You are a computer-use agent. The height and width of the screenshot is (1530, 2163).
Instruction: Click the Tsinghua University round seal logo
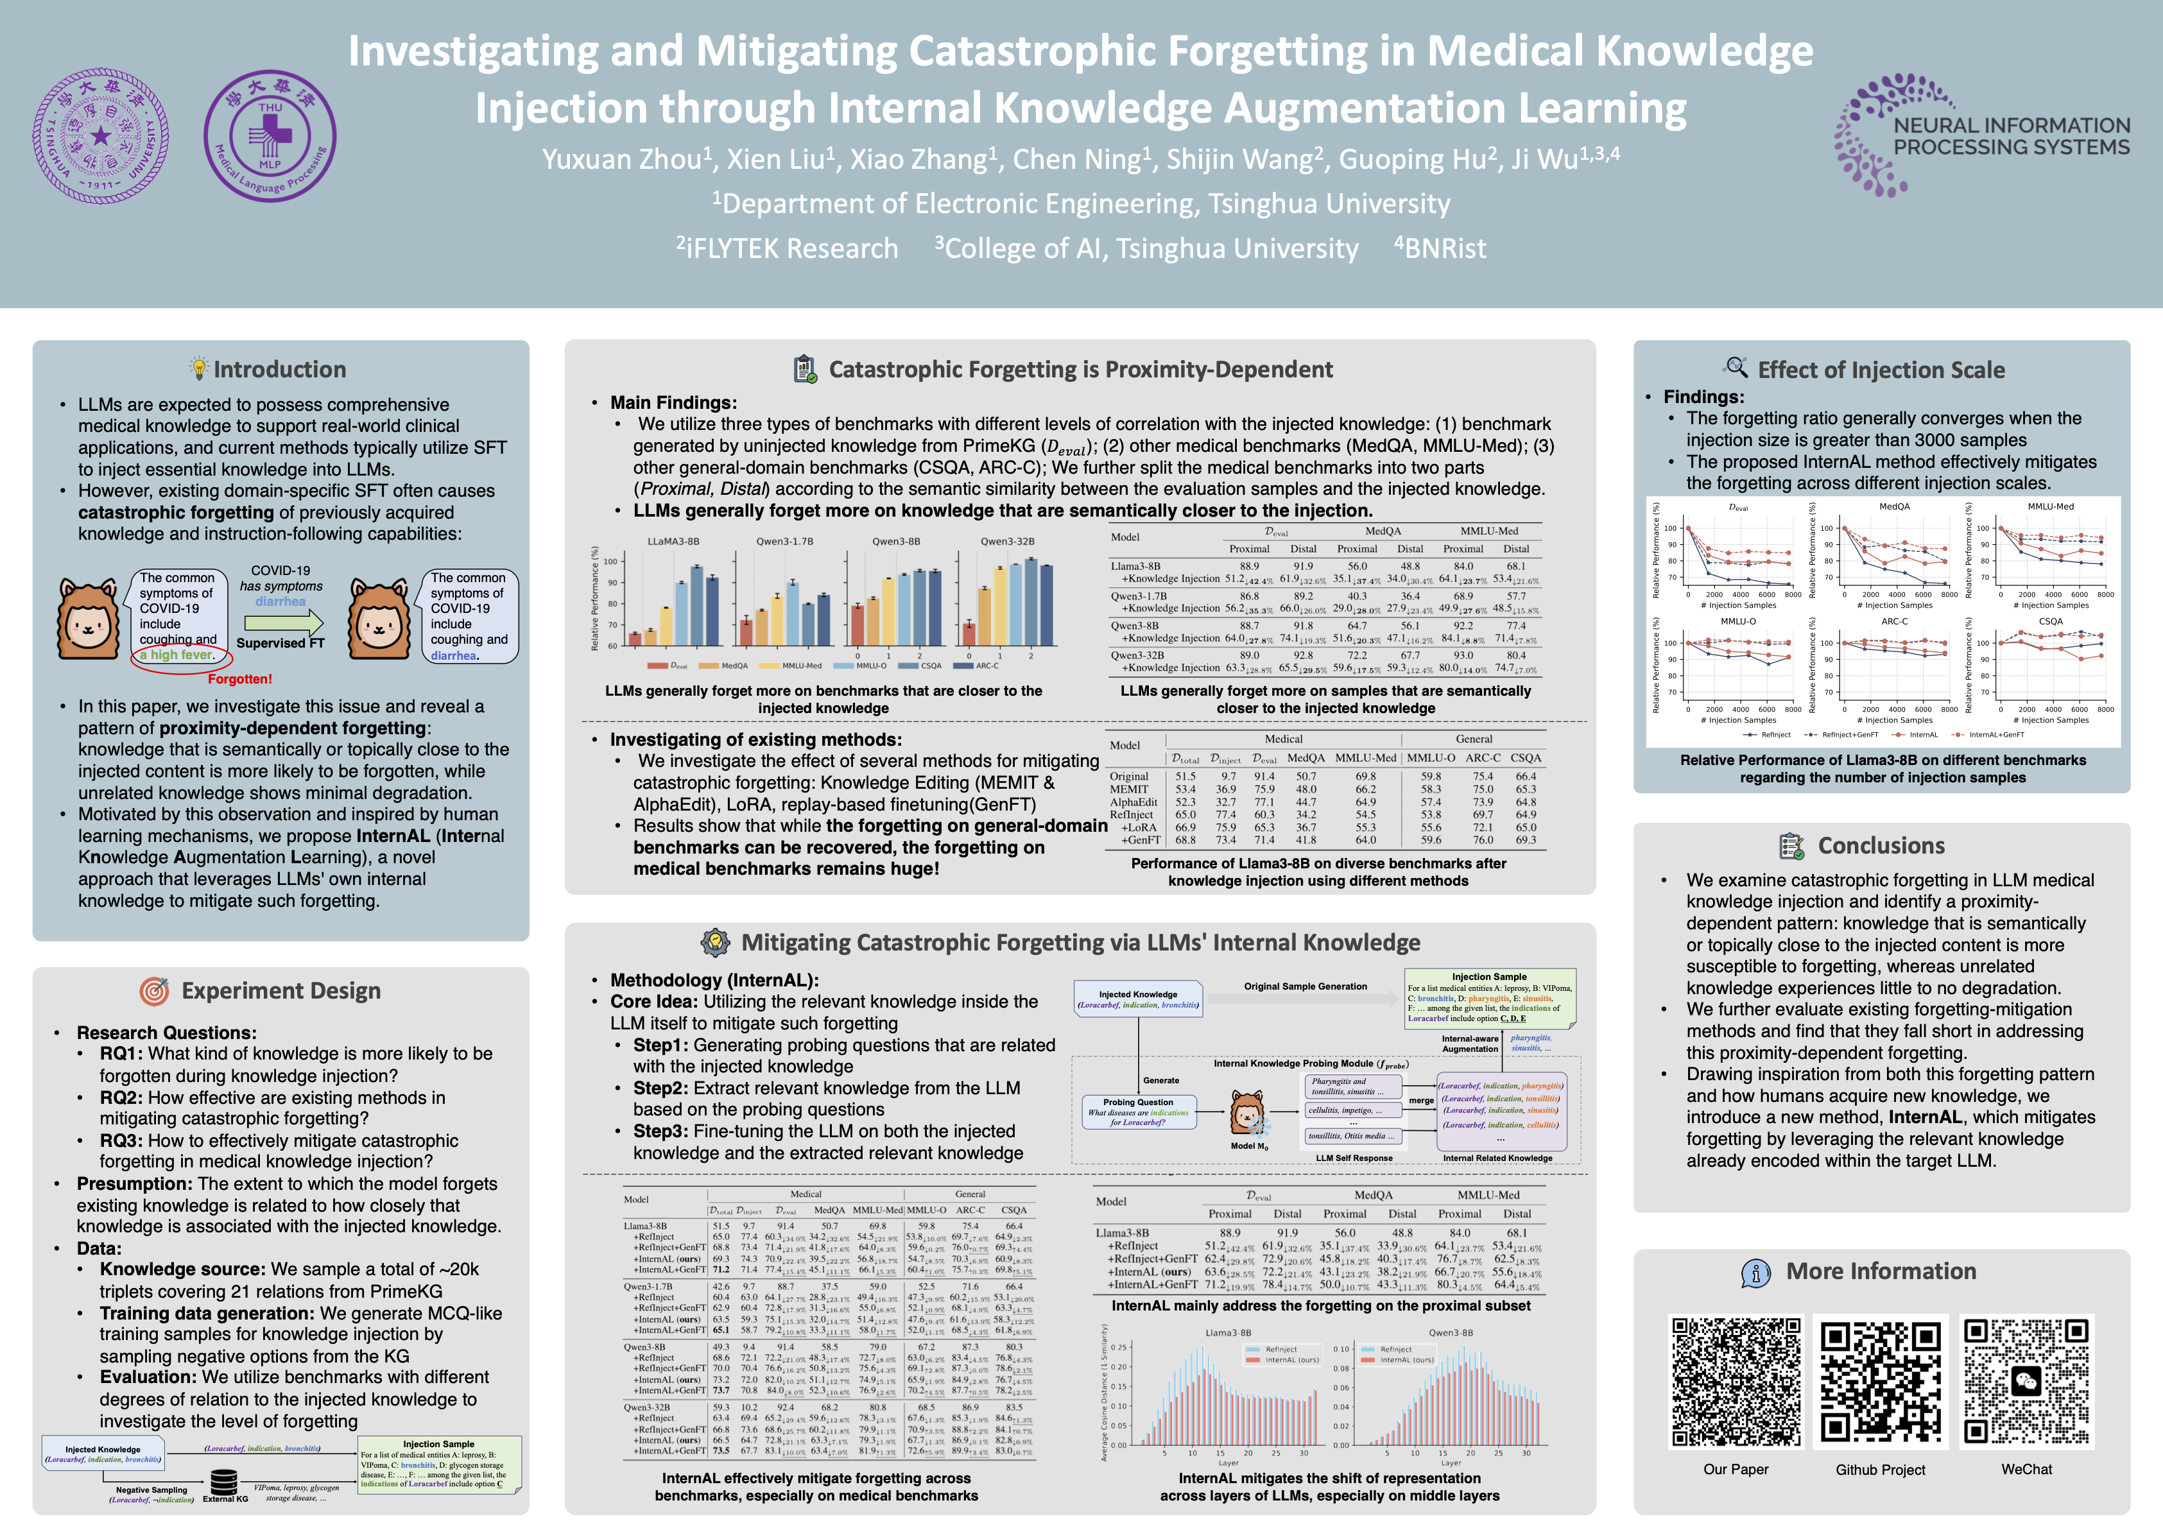pyautogui.click(x=101, y=135)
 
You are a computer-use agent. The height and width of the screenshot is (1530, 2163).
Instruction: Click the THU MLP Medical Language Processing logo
pyautogui.click(x=270, y=135)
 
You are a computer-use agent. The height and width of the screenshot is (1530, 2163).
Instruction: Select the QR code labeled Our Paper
pyautogui.click(x=1736, y=1381)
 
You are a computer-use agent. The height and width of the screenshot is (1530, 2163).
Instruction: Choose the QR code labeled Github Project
pyautogui.click(x=1881, y=1381)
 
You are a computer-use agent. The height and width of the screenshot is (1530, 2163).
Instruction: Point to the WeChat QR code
pyautogui.click(x=2026, y=1381)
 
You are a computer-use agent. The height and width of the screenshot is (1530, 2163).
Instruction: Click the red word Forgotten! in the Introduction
pyautogui.click(x=239, y=679)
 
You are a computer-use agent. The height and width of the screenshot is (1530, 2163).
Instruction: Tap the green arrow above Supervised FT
pyautogui.click(x=282, y=623)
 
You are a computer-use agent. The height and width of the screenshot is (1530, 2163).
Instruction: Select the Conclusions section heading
pyautogui.click(x=1881, y=846)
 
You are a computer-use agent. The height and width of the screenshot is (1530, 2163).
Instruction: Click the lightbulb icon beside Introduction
pyautogui.click(x=199, y=368)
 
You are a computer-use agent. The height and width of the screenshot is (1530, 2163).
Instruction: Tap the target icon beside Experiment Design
pyautogui.click(x=155, y=991)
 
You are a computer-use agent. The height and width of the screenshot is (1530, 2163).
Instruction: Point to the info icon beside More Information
pyautogui.click(x=1755, y=1273)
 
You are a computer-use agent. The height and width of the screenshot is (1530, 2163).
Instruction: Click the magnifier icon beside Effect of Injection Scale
pyautogui.click(x=1736, y=368)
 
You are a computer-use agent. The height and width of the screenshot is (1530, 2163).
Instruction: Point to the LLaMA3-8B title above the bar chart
pyautogui.click(x=673, y=542)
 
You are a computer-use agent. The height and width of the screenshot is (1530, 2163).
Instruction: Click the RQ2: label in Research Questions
pyautogui.click(x=121, y=1097)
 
